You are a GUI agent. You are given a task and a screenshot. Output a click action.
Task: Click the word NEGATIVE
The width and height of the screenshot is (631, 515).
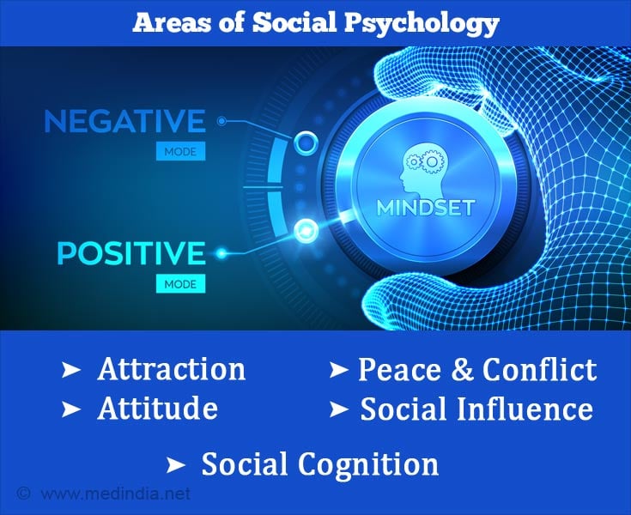(124, 121)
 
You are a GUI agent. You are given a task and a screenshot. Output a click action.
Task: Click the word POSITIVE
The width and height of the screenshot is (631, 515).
(131, 253)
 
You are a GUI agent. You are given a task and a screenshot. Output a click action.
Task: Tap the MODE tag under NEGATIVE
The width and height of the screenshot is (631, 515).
(180, 152)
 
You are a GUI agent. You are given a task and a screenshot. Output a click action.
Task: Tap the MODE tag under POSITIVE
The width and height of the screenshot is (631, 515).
(180, 284)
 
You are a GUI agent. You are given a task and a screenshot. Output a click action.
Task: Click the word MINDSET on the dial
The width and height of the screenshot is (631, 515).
(426, 208)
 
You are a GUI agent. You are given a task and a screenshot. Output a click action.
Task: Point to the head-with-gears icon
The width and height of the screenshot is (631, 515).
(421, 171)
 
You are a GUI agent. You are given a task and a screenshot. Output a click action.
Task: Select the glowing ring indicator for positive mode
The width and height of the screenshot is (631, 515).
(306, 231)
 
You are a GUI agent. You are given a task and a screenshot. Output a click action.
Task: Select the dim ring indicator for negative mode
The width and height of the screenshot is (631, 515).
(306, 142)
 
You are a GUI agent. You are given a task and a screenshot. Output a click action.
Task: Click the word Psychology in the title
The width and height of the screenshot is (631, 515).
(422, 23)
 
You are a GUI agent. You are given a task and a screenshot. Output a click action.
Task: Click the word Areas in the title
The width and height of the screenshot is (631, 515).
(172, 23)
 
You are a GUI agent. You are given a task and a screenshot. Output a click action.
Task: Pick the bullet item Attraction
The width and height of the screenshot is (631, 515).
(172, 369)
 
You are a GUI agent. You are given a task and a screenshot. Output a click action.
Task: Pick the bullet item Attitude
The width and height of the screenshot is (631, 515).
(158, 409)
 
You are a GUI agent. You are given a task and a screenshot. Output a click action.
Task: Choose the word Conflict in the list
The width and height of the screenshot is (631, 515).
(539, 369)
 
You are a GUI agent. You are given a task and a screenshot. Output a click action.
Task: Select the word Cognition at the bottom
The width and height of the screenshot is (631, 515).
(368, 464)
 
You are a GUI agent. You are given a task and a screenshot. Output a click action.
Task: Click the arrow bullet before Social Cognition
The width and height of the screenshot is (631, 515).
(176, 465)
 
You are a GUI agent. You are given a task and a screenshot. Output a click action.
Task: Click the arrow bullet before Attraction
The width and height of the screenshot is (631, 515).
(71, 370)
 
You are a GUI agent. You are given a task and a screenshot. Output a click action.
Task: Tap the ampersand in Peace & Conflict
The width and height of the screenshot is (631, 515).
(462, 369)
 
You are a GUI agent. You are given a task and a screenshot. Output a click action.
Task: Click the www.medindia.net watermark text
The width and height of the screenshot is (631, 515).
(116, 494)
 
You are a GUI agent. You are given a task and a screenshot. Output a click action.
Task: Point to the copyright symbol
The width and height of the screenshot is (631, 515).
(24, 494)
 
